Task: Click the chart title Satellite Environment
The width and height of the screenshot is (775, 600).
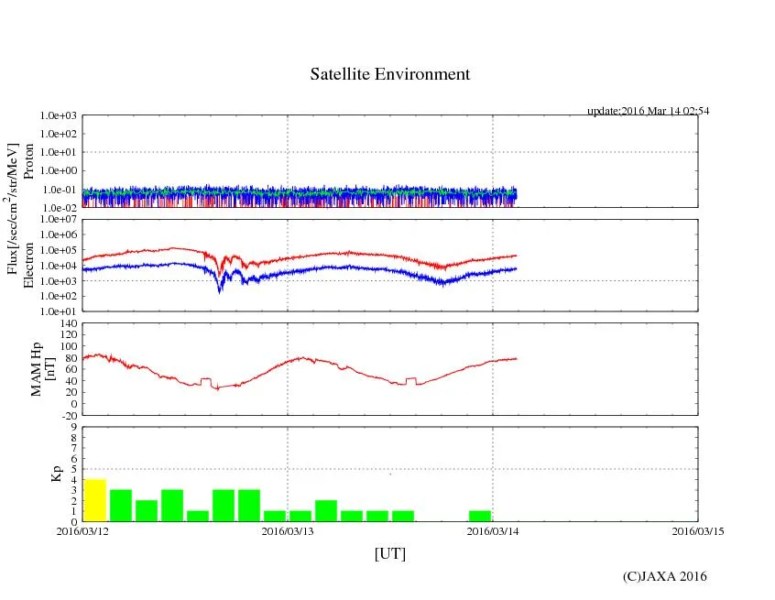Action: (389, 74)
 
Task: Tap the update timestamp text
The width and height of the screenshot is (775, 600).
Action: (648, 111)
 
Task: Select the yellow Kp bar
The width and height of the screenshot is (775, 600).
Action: (94, 500)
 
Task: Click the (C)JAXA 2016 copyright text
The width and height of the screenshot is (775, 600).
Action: (664, 576)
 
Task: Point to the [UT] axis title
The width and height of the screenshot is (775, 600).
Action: (389, 554)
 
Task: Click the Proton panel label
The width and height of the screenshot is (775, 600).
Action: (28, 162)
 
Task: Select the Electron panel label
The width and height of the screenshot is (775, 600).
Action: (28, 266)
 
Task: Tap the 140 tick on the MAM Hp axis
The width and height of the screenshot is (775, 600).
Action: (67, 323)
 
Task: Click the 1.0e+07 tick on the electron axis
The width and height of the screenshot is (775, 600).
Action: (59, 220)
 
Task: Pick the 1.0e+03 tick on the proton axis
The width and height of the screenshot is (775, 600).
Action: (59, 116)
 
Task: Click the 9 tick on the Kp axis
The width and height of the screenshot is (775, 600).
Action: (72, 427)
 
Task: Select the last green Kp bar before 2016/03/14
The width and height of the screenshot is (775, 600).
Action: (480, 516)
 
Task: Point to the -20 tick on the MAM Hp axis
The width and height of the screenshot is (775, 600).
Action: (67, 415)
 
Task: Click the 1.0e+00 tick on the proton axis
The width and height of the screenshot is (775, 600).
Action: (59, 171)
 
